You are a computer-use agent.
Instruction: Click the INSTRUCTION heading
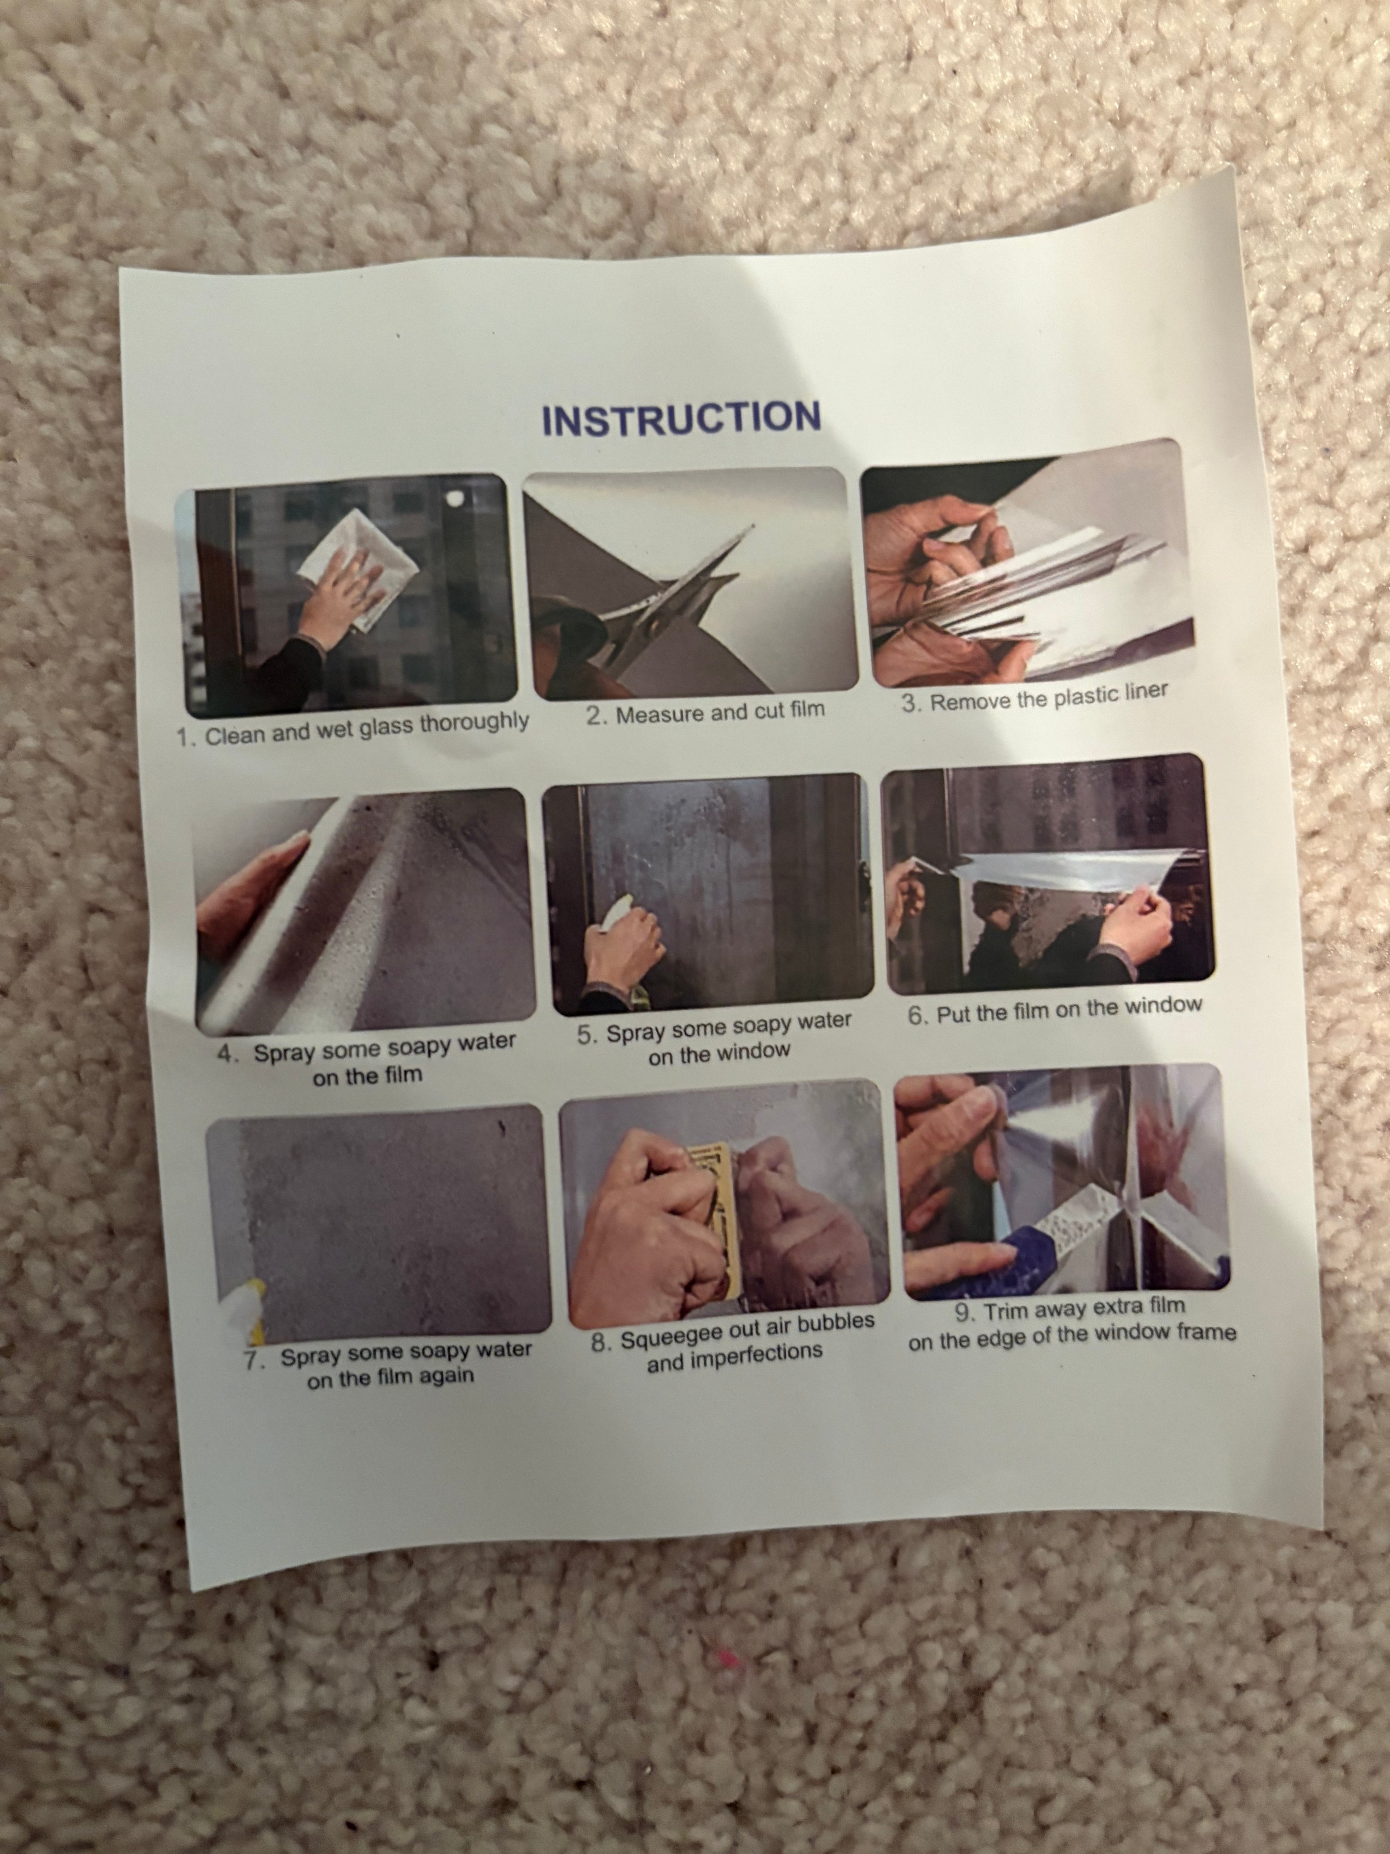pos(680,418)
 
